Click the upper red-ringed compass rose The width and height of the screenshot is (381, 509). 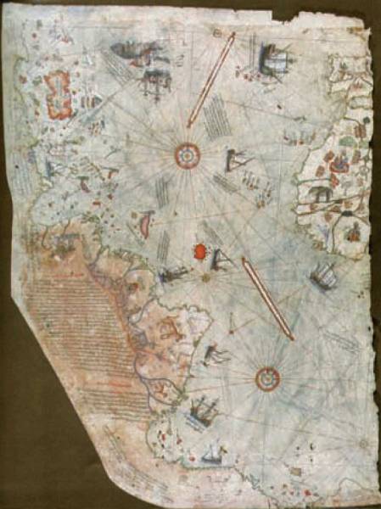click(185, 154)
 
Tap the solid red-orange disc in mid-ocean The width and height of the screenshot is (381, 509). click(201, 251)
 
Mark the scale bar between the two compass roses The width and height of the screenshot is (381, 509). click(267, 299)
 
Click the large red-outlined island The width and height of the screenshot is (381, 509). click(58, 93)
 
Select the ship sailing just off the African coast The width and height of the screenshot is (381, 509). click(322, 274)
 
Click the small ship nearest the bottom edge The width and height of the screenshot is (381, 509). click(209, 458)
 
